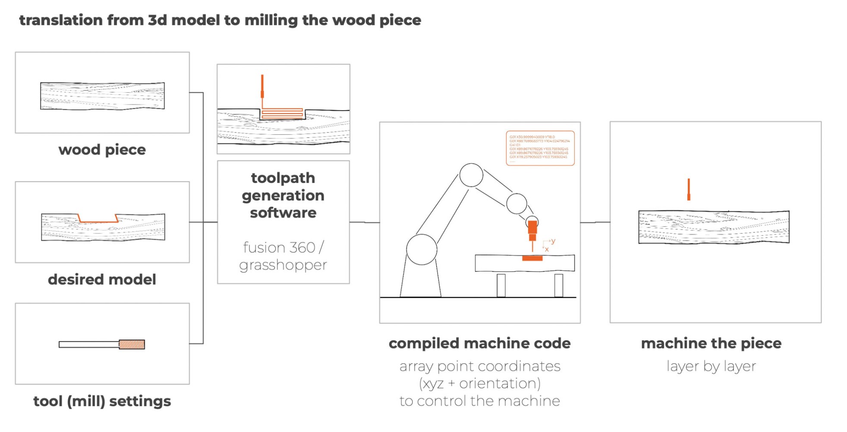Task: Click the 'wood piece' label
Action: pyautogui.click(x=102, y=150)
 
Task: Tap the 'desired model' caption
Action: pyautogui.click(x=102, y=280)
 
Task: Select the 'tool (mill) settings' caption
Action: pyautogui.click(x=102, y=401)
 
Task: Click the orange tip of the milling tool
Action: pyautogui.click(x=132, y=344)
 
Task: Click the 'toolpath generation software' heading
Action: pyautogui.click(x=283, y=195)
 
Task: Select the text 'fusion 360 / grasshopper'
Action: pyautogui.click(x=283, y=256)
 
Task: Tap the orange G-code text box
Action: pyautogui.click(x=540, y=148)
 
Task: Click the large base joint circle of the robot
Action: pyautogui.click(x=422, y=249)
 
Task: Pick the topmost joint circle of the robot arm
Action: pyautogui.click(x=471, y=175)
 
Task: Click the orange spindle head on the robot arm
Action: pyautogui.click(x=532, y=229)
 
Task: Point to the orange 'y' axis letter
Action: pyautogui.click(x=553, y=241)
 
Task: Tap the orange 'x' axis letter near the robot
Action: pyautogui.click(x=547, y=250)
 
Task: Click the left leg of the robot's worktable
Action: pyautogui.click(x=501, y=285)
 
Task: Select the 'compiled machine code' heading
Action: pyautogui.click(x=479, y=343)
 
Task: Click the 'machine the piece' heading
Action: pyautogui.click(x=711, y=343)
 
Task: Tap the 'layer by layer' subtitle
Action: pyautogui.click(x=711, y=366)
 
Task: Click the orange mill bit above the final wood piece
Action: pyautogui.click(x=689, y=190)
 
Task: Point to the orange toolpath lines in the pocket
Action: pyautogui.click(x=282, y=114)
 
